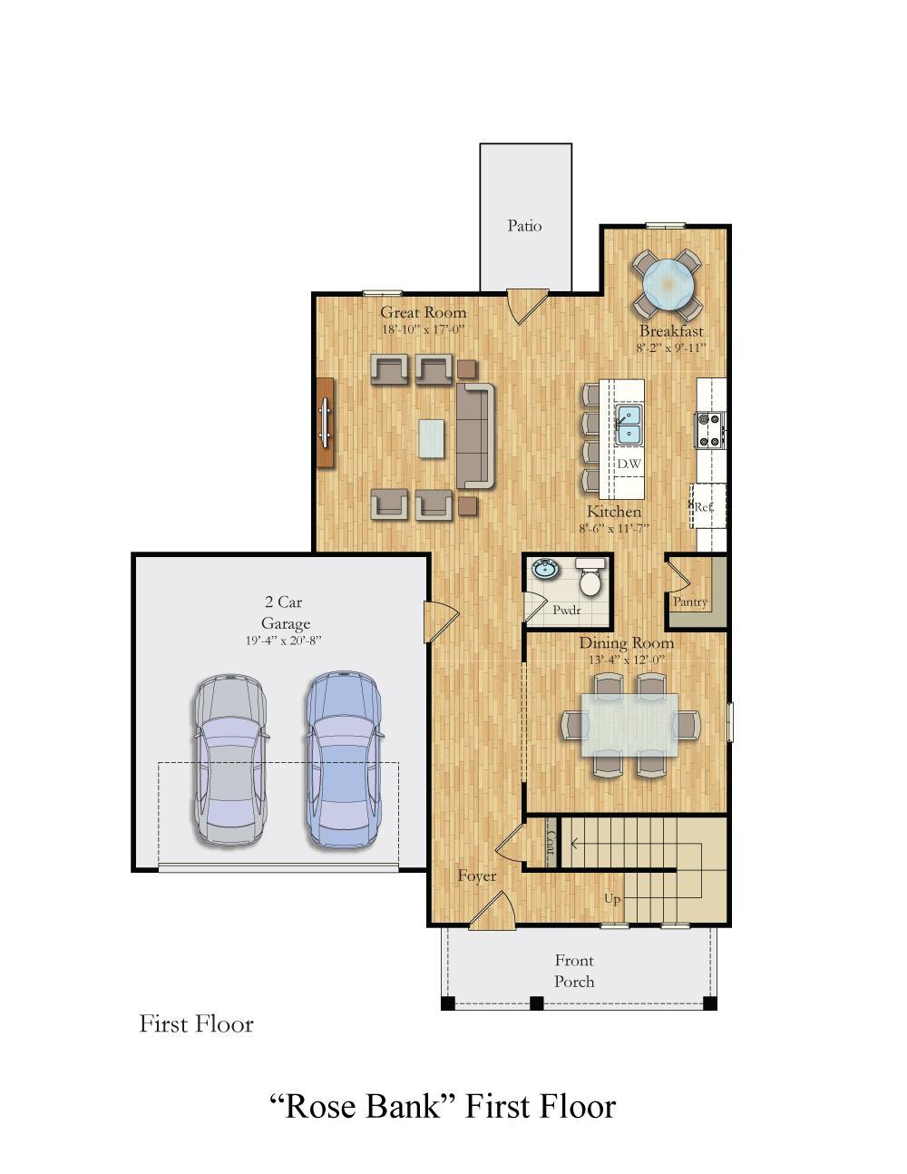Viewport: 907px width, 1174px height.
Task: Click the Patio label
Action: (524, 226)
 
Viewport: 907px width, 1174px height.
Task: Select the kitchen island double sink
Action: (629, 425)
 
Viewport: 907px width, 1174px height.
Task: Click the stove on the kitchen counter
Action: (709, 430)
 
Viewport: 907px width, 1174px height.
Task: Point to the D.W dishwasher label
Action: (629, 464)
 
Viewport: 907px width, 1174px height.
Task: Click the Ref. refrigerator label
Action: (704, 507)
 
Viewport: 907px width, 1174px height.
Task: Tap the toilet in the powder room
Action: (590, 579)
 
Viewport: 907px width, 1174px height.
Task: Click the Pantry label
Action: (690, 602)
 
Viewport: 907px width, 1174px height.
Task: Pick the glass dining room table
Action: (630, 724)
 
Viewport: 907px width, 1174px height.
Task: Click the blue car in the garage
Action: (343, 760)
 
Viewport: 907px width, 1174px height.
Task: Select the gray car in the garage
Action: (229, 760)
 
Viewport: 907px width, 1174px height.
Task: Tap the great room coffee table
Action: (432, 438)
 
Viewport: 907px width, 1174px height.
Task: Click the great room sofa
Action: (475, 435)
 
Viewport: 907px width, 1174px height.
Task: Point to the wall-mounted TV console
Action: (326, 423)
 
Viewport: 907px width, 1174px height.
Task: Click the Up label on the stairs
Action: (613, 898)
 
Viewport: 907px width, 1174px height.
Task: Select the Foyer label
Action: (476, 876)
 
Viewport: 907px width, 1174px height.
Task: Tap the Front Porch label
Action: (574, 971)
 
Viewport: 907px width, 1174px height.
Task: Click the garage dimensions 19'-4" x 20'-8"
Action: (283, 641)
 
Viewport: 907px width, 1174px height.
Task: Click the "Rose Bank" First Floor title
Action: (443, 1106)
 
